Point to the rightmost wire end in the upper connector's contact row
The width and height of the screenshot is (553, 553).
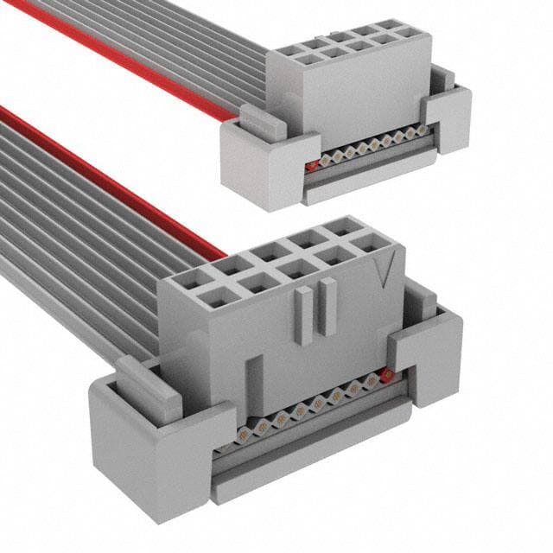423,130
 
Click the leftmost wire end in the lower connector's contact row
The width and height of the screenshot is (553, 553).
245,427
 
